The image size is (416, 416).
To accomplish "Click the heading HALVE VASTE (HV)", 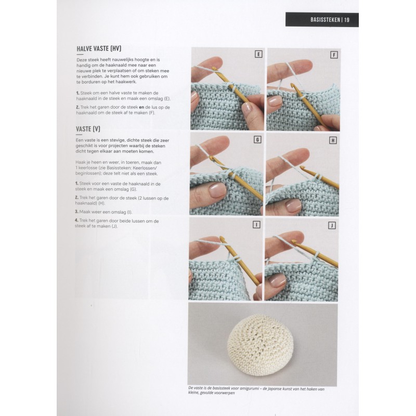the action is click(99, 48).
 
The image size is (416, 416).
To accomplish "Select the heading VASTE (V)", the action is click(88, 129).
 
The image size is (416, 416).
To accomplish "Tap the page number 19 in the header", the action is click(347, 20).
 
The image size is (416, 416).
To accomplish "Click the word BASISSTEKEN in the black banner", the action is click(325, 20).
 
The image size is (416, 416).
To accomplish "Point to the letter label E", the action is click(258, 54).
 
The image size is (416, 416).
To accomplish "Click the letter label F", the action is click(334, 55).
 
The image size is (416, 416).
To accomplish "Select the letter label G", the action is click(257, 139).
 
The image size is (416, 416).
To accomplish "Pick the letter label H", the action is click(333, 140).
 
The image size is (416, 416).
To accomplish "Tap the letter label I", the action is click(256, 225).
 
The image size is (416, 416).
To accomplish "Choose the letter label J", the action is click(332, 226).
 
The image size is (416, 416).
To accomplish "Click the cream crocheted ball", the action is click(261, 345).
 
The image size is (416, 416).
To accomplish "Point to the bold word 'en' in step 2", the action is click(141, 108).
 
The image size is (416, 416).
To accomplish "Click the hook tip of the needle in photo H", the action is click(302, 167).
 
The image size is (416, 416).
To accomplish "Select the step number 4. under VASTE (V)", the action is click(76, 220).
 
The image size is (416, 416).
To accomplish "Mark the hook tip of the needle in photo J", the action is click(293, 241).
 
